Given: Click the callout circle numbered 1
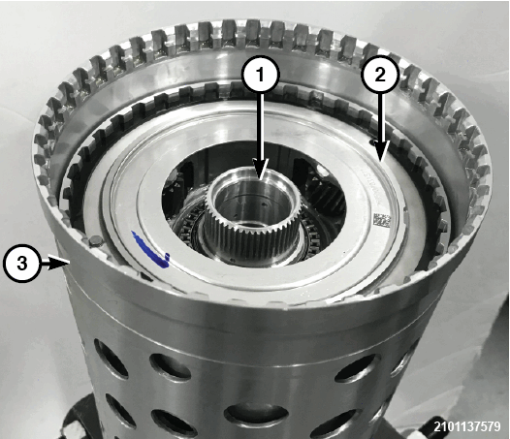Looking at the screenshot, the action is click(x=260, y=76).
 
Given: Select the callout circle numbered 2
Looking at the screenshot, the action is click(x=379, y=76).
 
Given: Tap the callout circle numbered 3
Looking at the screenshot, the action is click(x=21, y=263).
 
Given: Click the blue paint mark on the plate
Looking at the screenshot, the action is click(x=150, y=250).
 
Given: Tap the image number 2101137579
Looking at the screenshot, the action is click(x=467, y=426).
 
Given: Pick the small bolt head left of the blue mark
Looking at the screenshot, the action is click(x=94, y=242).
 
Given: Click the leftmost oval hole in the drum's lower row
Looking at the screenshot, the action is click(x=118, y=410).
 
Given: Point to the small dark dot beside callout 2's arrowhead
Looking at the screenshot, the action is click(x=371, y=141).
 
